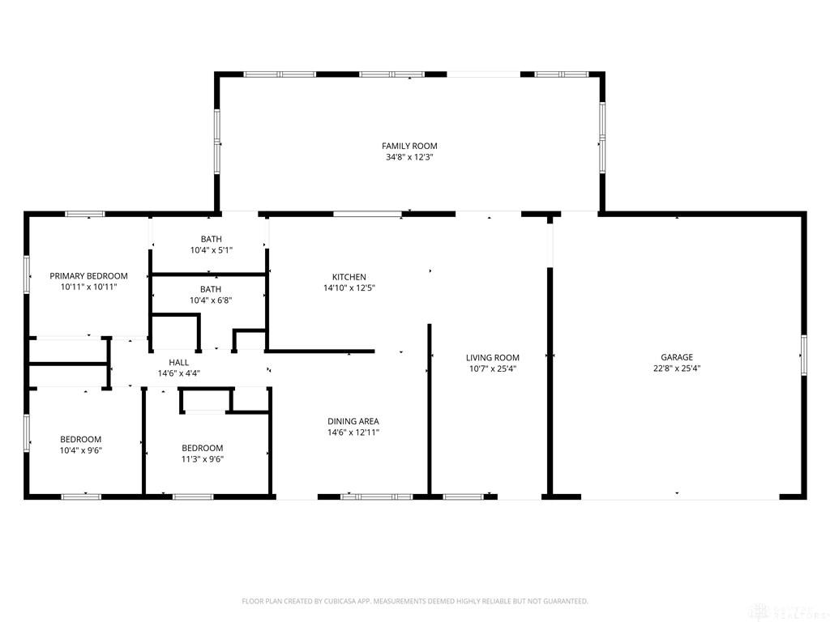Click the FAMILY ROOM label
coord(409,146)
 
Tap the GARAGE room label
coord(677,357)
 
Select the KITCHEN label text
coord(349,277)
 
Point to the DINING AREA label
coord(353,421)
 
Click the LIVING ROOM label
coord(492,357)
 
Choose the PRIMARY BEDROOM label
coord(88,276)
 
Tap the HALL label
coord(178,363)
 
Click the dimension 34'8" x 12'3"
coord(409,157)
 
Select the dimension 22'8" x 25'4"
coord(677,369)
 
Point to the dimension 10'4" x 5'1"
coord(212,250)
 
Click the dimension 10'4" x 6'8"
coord(211,300)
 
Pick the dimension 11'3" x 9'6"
coord(202,459)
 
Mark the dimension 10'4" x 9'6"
coord(80,450)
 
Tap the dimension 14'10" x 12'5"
coord(349,288)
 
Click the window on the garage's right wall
coord(803,356)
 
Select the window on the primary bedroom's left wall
coord(27,275)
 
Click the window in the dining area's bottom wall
coord(376,496)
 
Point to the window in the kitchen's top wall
coord(367,214)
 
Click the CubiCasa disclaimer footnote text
coord(415,602)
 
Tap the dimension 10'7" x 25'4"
coord(492,369)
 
